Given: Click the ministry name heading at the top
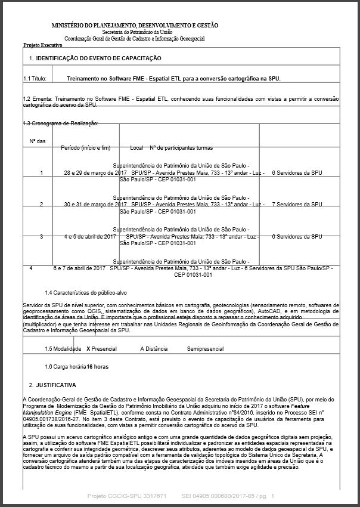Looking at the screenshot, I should (x=135, y=26).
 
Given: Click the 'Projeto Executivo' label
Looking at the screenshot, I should (x=43, y=45).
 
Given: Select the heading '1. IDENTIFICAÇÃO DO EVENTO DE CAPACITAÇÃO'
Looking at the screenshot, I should (x=95, y=58).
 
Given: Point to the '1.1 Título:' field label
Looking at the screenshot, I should (x=35, y=78).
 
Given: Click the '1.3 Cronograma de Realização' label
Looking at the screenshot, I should (x=60, y=123).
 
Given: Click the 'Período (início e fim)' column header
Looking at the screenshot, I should (x=86, y=147).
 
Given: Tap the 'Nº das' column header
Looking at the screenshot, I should (x=38, y=141).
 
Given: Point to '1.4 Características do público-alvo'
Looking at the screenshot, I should (x=86, y=293).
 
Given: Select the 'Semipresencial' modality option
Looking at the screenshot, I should (x=205, y=348).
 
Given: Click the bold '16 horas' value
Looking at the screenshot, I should (x=100, y=367).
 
